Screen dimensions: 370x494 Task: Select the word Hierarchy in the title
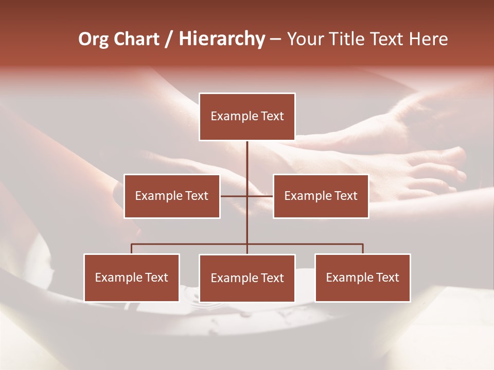(222, 39)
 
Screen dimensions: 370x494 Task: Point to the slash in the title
(169, 39)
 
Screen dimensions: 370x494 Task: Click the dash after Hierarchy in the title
(275, 39)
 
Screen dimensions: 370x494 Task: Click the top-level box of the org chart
(247, 117)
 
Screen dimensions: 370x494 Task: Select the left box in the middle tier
(172, 196)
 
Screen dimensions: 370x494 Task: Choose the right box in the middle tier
(321, 196)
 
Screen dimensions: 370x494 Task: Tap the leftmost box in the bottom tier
(132, 277)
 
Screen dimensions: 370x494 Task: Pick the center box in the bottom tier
(247, 278)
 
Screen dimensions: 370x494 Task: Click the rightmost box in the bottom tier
(363, 277)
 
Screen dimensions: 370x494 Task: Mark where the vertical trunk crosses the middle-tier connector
(247, 196)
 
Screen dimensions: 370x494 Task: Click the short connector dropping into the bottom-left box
(132, 249)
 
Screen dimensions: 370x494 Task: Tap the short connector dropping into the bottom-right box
(363, 249)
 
